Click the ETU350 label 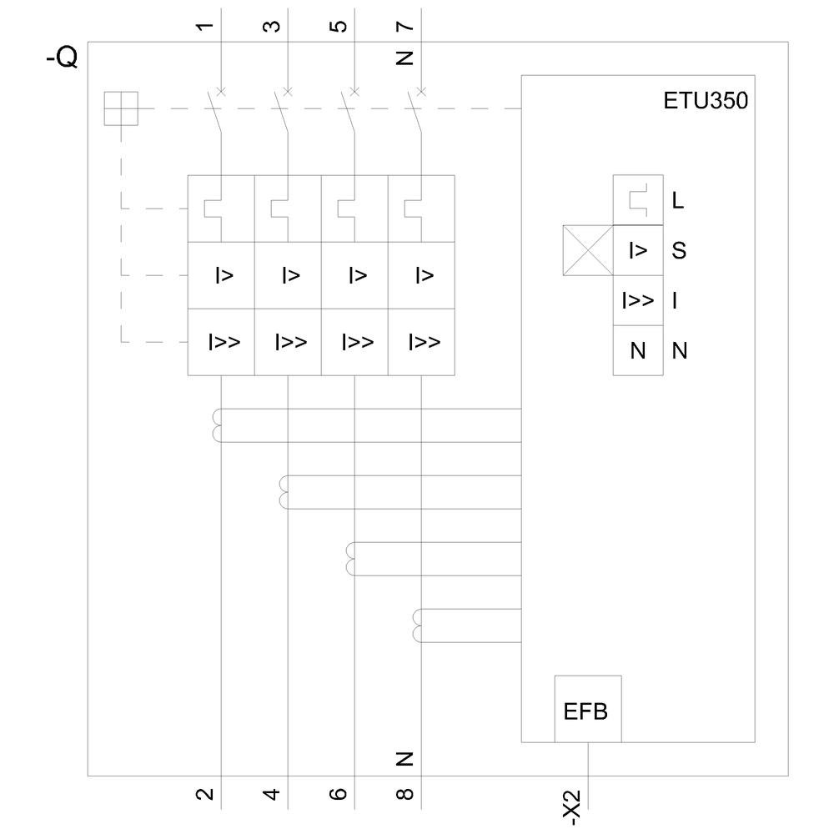coord(706,102)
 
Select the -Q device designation coord(63,58)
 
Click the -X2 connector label coord(573,806)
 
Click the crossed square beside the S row coord(588,250)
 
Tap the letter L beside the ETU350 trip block coord(678,201)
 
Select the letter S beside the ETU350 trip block coord(678,250)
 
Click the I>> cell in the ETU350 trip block coord(638,300)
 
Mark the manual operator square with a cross coord(121,108)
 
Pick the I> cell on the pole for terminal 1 coord(221,275)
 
